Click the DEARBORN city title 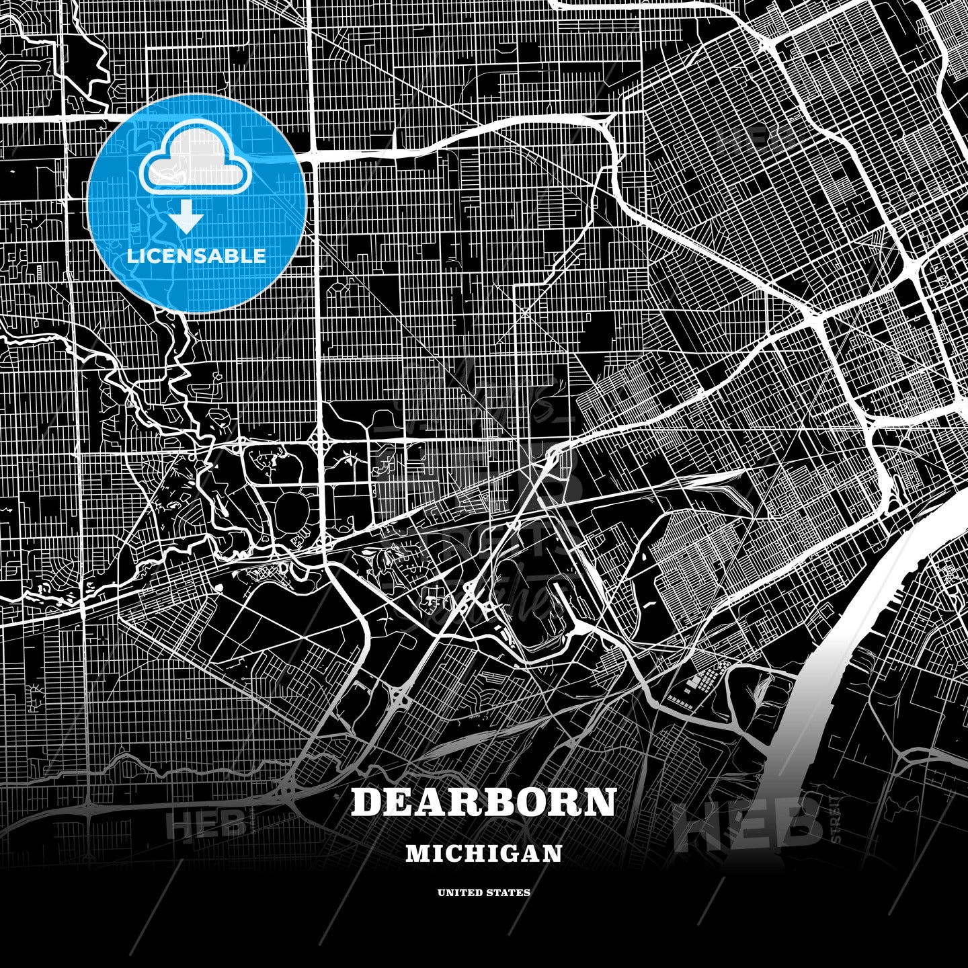pos(483,802)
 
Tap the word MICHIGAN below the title pos(483,853)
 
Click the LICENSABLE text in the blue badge pos(196,256)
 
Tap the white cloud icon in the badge pos(195,159)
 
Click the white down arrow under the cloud pos(186,216)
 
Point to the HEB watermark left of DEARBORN pos(206,824)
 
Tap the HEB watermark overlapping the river pos(750,823)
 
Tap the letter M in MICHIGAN pos(417,853)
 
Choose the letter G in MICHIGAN pos(508,853)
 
